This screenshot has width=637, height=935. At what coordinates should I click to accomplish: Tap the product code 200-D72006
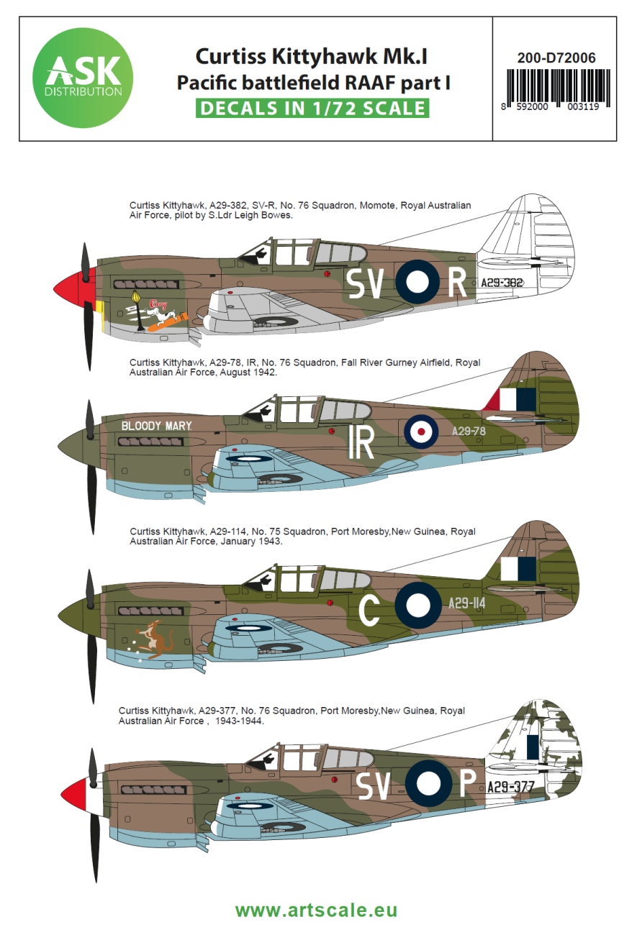click(556, 58)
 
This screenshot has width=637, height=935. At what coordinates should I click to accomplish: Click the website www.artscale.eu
click(316, 910)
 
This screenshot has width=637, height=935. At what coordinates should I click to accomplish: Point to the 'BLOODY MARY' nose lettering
click(156, 426)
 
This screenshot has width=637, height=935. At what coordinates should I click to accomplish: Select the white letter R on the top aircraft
click(458, 283)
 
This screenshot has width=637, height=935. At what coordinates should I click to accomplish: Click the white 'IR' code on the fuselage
click(361, 444)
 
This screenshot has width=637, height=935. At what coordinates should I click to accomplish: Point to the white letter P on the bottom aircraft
click(466, 786)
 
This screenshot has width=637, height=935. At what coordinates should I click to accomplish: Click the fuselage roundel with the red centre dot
click(419, 431)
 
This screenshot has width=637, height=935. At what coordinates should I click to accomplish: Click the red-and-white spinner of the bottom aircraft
click(76, 794)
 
